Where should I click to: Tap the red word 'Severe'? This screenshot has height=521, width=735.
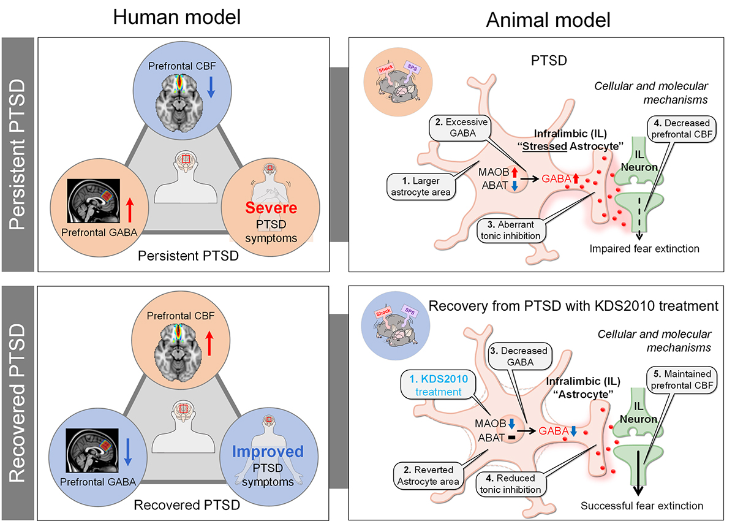[x=271, y=208]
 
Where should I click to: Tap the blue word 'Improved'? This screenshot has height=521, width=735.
[x=268, y=452]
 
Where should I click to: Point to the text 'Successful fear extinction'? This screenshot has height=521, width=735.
[x=641, y=506]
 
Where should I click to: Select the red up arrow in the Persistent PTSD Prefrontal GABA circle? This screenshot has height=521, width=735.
[x=129, y=209]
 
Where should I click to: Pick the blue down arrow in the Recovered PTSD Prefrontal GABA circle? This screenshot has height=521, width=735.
[x=127, y=452]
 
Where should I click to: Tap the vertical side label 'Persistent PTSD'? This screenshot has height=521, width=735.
[x=18, y=153]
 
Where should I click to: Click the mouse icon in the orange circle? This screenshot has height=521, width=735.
[x=394, y=80]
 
